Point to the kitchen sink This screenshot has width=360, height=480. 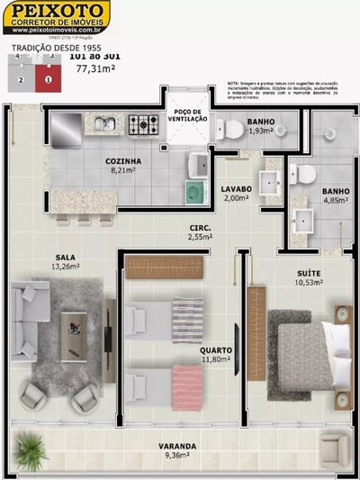[104, 123]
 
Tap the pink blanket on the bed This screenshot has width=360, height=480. [185, 378]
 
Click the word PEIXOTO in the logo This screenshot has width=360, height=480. [55, 13]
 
